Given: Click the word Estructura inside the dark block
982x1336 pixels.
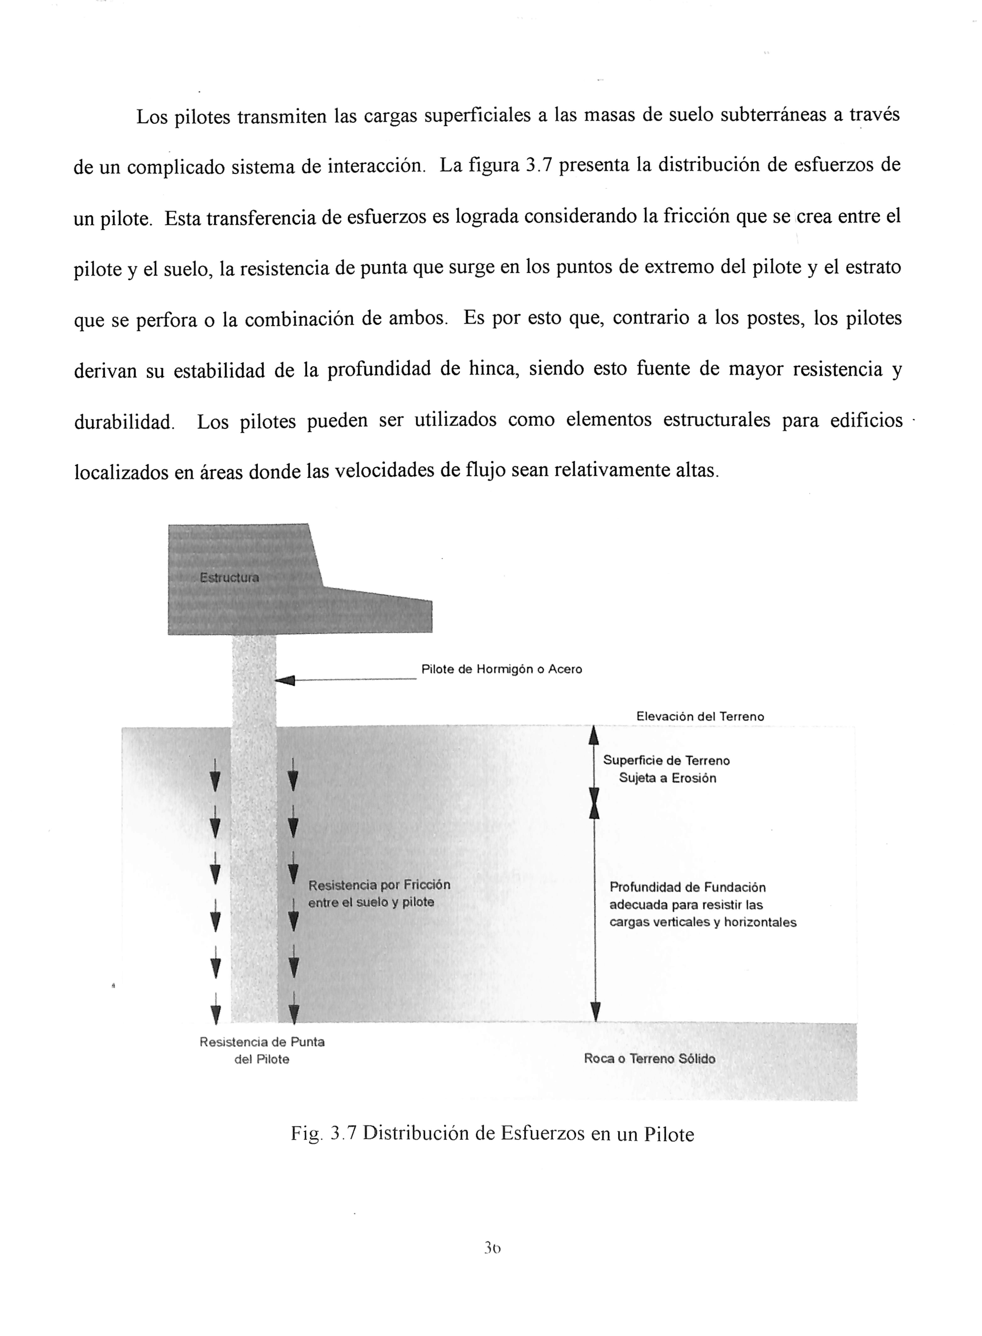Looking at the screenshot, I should tap(229, 577).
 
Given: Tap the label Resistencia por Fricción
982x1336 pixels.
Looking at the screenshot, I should tap(379, 885).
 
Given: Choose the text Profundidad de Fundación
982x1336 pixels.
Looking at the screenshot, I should tap(688, 887).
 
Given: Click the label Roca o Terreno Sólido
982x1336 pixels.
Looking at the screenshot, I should tap(650, 1059).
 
